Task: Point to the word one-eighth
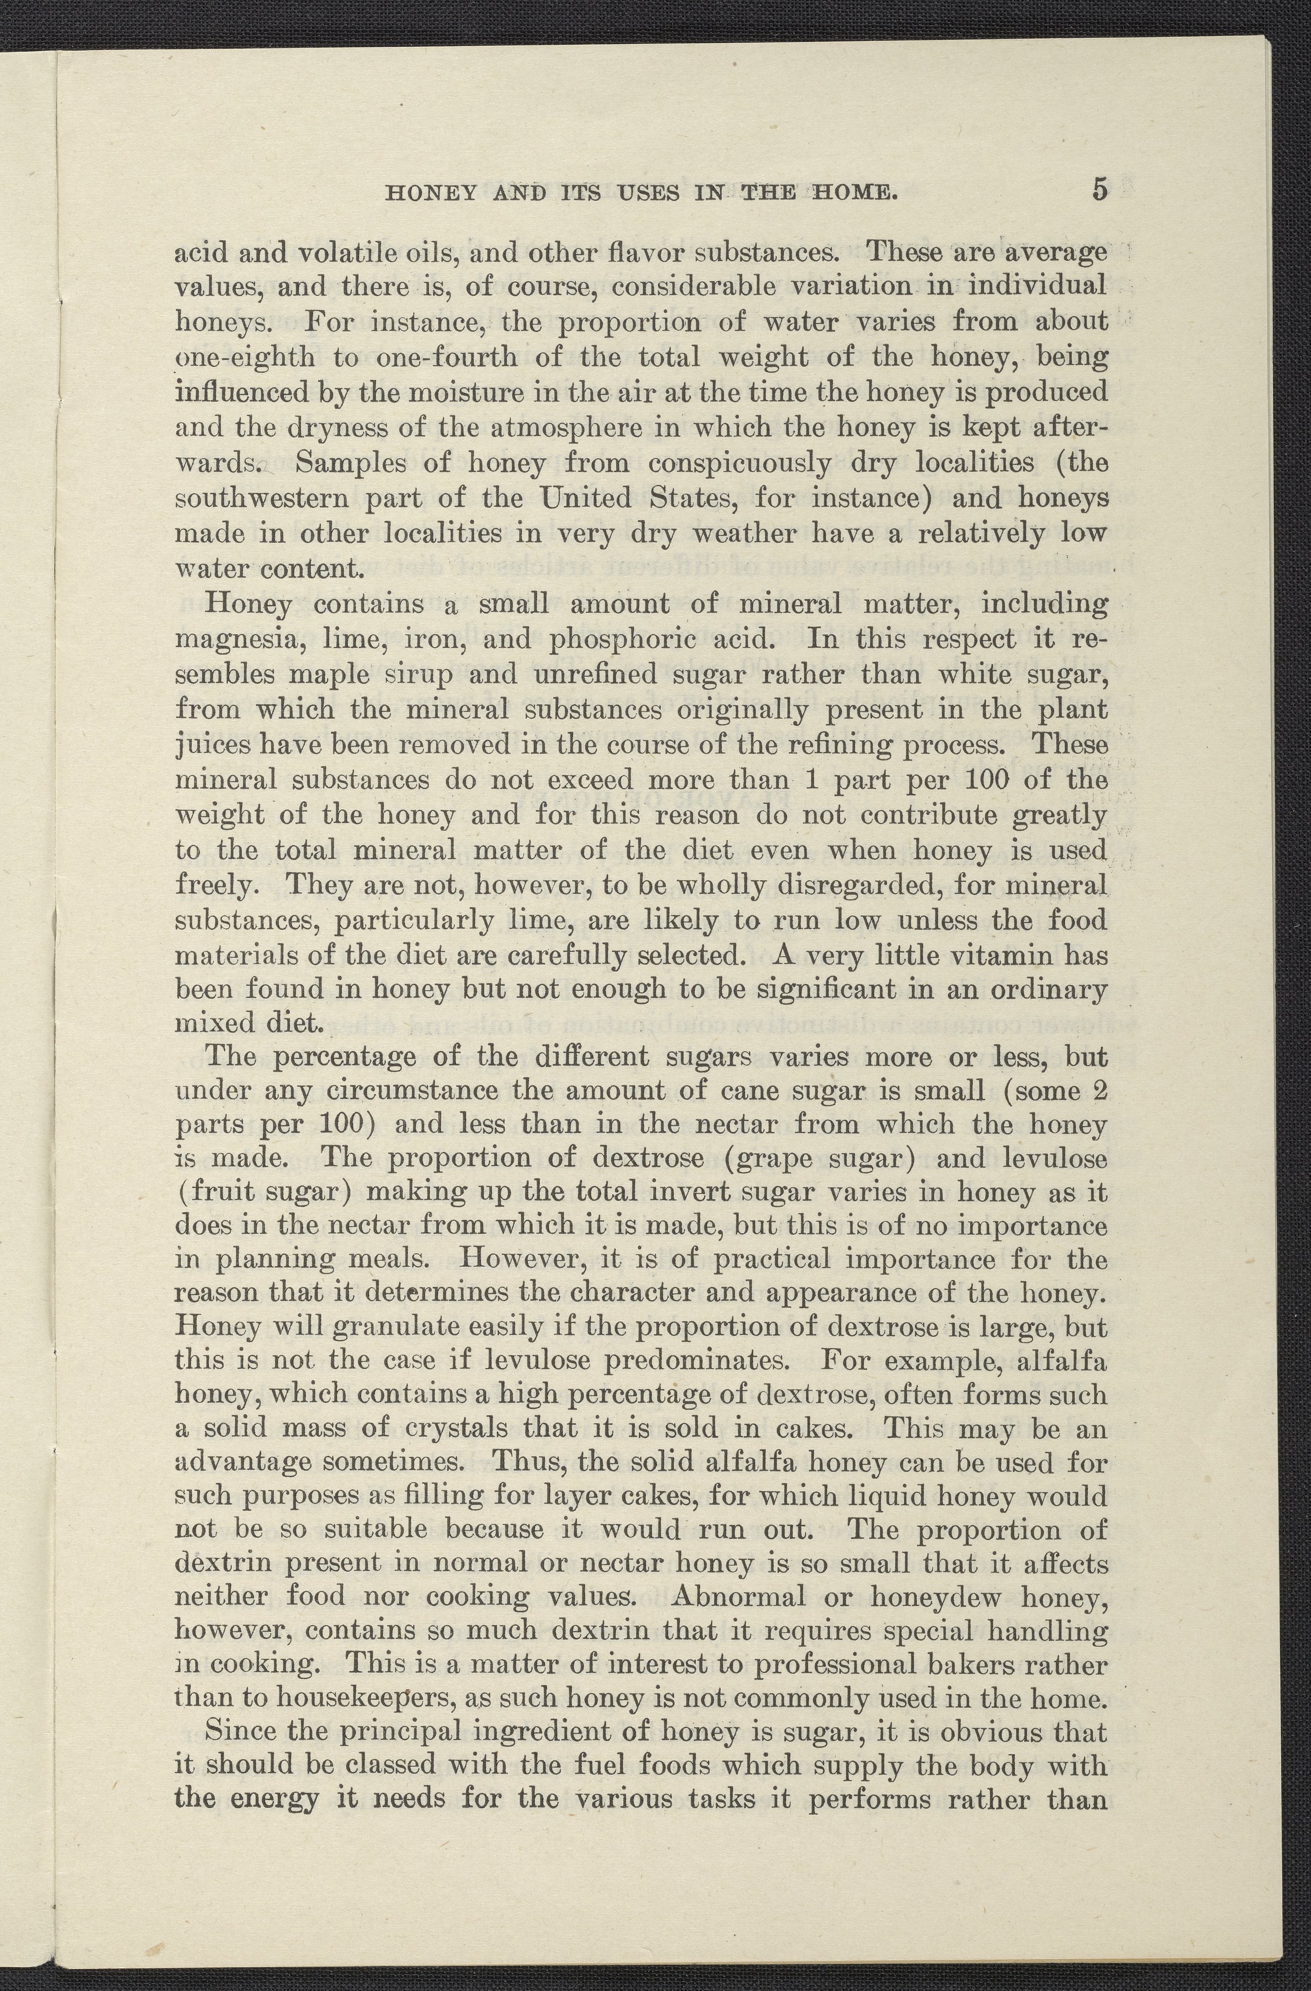[245, 358]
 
